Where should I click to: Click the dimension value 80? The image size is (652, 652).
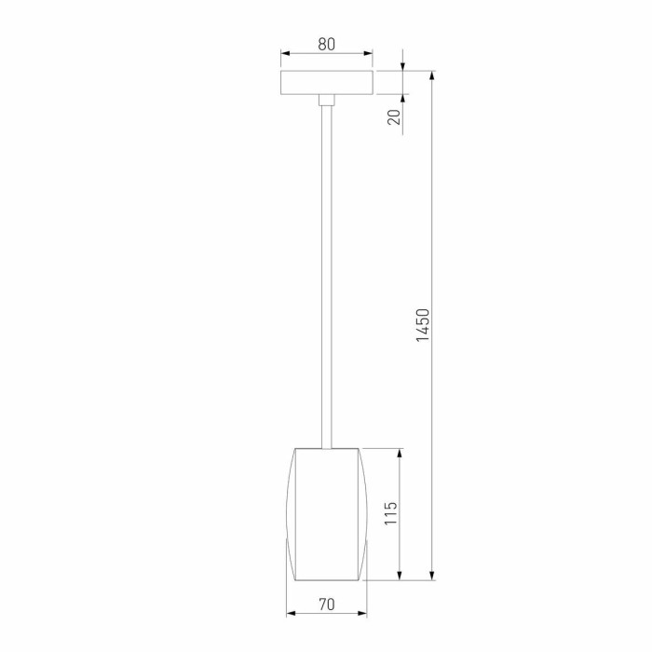click(x=326, y=43)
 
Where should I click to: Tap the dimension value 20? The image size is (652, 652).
click(x=394, y=116)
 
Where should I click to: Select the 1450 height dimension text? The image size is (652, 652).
click(x=423, y=326)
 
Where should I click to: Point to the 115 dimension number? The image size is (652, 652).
click(x=391, y=514)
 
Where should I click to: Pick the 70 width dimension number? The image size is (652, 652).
click(x=326, y=604)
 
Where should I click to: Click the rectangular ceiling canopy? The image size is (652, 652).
click(x=326, y=82)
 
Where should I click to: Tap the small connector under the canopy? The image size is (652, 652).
click(x=326, y=101)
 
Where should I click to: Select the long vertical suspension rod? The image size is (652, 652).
click(x=326, y=279)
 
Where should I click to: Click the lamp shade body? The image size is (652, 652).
click(x=326, y=512)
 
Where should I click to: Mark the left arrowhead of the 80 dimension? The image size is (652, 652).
click(x=285, y=54)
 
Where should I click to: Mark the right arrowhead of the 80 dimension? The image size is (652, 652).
click(x=368, y=54)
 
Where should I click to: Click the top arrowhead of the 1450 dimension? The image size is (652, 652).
click(x=433, y=75)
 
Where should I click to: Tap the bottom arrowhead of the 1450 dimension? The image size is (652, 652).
click(x=433, y=576)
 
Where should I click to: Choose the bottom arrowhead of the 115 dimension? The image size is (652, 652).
click(x=401, y=575)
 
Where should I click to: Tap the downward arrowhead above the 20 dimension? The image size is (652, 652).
click(x=403, y=66)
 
